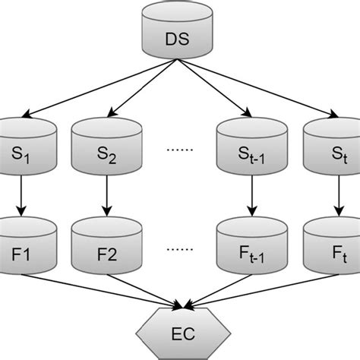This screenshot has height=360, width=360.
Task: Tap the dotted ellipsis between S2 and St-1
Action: coord(178,150)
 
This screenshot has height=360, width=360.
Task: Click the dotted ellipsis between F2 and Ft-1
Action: coord(178,249)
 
